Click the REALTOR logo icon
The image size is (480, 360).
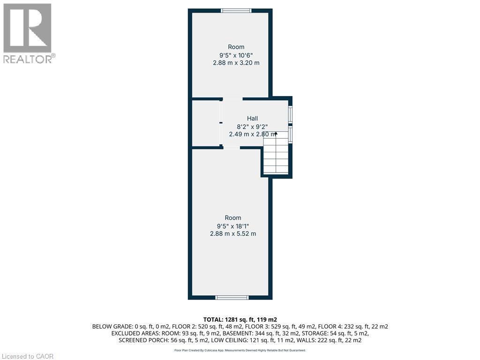tap(27, 28)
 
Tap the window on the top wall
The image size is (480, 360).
tap(236, 10)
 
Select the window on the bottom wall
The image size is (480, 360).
tap(232, 297)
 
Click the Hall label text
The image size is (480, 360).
tap(253, 119)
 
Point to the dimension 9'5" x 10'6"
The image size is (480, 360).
tap(236, 55)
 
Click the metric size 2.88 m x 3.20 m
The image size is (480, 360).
tap(236, 63)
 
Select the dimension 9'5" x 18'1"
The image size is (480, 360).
tap(233, 225)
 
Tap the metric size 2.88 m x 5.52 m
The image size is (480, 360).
tap(233, 233)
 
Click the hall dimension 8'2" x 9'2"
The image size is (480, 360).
tap(253, 126)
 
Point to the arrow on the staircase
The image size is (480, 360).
tap(276, 134)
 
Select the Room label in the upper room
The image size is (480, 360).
tap(236, 47)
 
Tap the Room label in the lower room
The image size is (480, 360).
tap(233, 217)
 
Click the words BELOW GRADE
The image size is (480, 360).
tap(112, 326)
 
